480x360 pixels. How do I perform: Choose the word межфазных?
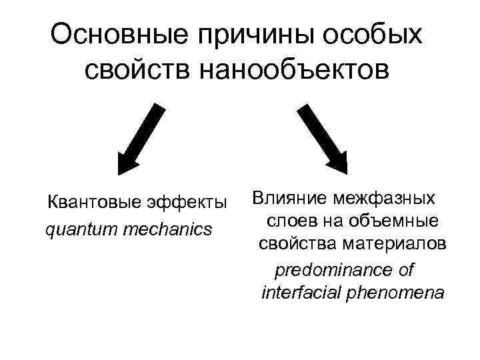pos(386,197)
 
